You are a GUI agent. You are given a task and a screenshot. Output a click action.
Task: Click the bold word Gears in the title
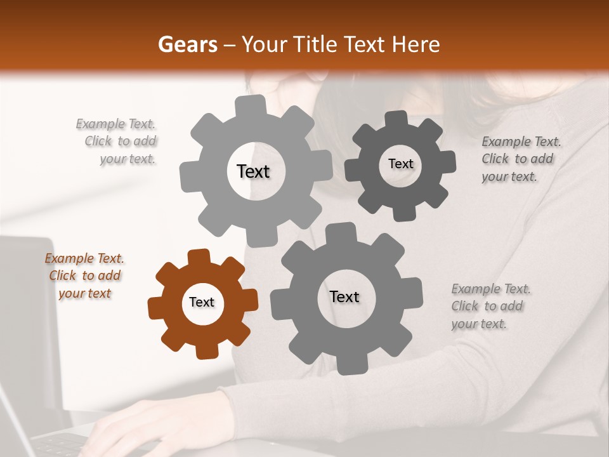[187, 44]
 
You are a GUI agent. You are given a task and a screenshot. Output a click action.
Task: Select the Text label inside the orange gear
[202, 302]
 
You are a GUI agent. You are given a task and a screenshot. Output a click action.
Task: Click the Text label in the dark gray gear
[400, 164]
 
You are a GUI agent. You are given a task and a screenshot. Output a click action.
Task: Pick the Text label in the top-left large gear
[253, 171]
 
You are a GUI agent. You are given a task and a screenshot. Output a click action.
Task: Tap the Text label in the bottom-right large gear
[344, 296]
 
